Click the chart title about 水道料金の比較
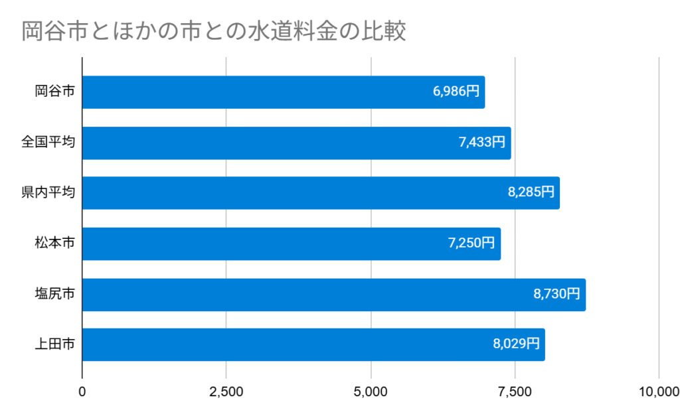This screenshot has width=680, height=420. pyautogui.click(x=214, y=32)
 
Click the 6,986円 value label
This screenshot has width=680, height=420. pyautogui.click(x=456, y=92)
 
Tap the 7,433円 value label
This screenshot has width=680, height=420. pyautogui.click(x=481, y=143)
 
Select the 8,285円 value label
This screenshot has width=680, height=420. pyautogui.click(x=531, y=193)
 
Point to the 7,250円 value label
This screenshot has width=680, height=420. pyautogui.click(x=471, y=244)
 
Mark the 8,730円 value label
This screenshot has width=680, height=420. pyautogui.click(x=556, y=294)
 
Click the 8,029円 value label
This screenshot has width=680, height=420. pyautogui.click(x=516, y=344)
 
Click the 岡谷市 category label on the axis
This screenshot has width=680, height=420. pyautogui.click(x=54, y=92)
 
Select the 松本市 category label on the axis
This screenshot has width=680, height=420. pyautogui.click(x=54, y=244)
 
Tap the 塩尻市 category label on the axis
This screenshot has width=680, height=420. pyautogui.click(x=54, y=294)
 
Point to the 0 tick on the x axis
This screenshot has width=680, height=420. pyautogui.click(x=82, y=392)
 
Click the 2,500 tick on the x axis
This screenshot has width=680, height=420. pyautogui.click(x=226, y=392)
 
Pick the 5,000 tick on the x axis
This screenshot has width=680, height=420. pyautogui.click(x=371, y=392)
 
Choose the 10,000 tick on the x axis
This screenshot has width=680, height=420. pyautogui.click(x=657, y=392)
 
